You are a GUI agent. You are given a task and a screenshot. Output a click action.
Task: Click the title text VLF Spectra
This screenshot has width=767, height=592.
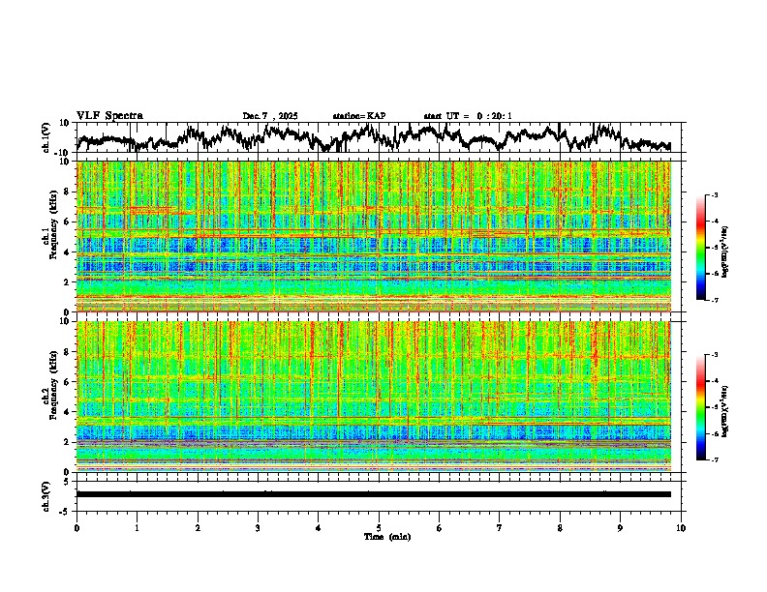(109, 116)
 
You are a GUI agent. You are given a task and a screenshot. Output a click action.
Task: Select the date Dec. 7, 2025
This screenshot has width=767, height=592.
(270, 116)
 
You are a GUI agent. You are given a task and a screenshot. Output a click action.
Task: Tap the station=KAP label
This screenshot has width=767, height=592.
(358, 116)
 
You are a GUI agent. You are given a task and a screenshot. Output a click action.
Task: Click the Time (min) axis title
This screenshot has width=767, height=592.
(386, 536)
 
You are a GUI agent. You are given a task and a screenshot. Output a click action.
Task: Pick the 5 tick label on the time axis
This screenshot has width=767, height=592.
(379, 527)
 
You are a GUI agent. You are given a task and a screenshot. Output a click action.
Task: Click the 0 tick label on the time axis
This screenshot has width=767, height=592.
(77, 527)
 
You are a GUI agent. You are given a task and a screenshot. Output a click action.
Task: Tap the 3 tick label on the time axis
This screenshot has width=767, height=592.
(258, 527)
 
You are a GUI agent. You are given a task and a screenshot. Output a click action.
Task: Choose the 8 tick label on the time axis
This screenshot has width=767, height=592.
(560, 527)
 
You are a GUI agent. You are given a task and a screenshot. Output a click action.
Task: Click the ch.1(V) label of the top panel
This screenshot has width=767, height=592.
(46, 137)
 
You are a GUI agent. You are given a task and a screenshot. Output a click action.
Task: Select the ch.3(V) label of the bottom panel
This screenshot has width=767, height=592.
(46, 494)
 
